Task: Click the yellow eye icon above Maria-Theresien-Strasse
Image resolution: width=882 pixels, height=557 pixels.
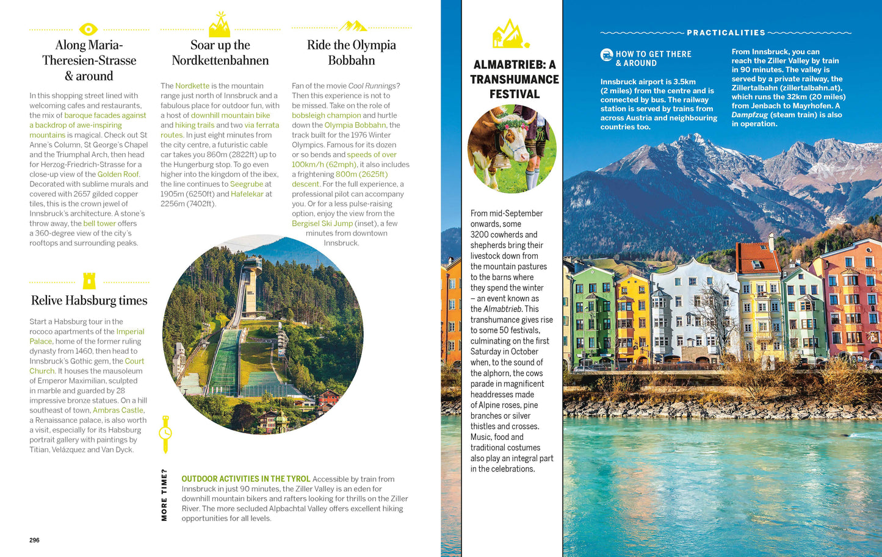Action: tap(89, 29)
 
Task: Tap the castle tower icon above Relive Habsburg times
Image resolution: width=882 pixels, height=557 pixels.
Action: tap(89, 281)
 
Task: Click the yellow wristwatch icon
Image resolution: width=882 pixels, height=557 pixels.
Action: tap(165, 433)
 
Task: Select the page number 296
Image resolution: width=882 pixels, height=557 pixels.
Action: tap(34, 540)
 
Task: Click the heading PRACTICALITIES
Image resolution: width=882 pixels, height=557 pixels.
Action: tap(726, 33)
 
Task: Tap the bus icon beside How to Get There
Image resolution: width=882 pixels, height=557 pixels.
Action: tap(606, 55)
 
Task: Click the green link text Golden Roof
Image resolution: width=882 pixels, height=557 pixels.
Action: tap(118, 174)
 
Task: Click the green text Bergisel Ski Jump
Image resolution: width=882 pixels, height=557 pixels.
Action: tap(322, 223)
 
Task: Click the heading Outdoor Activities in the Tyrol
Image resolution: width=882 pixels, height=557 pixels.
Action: tap(245, 479)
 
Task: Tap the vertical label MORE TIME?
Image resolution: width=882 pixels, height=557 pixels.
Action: tap(164, 495)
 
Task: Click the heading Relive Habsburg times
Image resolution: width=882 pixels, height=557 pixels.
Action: tap(89, 300)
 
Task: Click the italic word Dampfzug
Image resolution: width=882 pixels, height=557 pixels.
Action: tap(749, 115)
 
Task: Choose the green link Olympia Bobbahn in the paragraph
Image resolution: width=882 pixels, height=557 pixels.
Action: tap(355, 125)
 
